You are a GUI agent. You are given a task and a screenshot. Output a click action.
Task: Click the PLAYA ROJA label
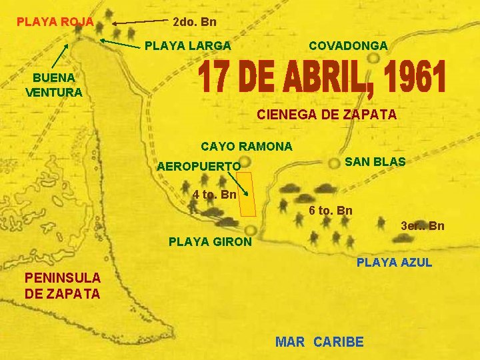click(x=55, y=22)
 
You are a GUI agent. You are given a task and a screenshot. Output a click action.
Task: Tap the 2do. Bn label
click(x=194, y=22)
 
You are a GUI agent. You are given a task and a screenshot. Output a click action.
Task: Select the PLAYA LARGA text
click(x=188, y=46)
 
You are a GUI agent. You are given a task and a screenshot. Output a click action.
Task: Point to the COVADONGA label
click(x=348, y=46)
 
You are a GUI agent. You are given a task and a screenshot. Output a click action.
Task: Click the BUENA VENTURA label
click(x=53, y=85)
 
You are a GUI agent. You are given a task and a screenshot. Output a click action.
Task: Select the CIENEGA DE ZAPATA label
click(x=327, y=115)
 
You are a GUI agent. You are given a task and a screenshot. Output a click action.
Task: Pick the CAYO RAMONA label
click(x=246, y=146)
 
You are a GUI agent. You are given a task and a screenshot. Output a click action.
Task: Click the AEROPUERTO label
click(x=198, y=166)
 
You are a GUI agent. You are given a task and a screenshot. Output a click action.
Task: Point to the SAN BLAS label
click(x=374, y=162)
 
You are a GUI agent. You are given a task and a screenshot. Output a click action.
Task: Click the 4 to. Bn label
click(x=214, y=195)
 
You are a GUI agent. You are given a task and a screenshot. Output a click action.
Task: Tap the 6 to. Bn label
click(x=331, y=211)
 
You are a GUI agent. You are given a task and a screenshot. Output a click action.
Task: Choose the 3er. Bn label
click(x=422, y=226)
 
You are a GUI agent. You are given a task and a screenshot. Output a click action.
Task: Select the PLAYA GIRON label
click(x=210, y=241)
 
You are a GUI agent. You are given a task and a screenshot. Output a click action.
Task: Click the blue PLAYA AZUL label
click(x=394, y=263)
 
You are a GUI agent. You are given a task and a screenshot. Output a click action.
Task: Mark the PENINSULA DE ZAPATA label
click(x=62, y=285)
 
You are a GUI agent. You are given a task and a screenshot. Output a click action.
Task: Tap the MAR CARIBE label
click(x=319, y=342)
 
